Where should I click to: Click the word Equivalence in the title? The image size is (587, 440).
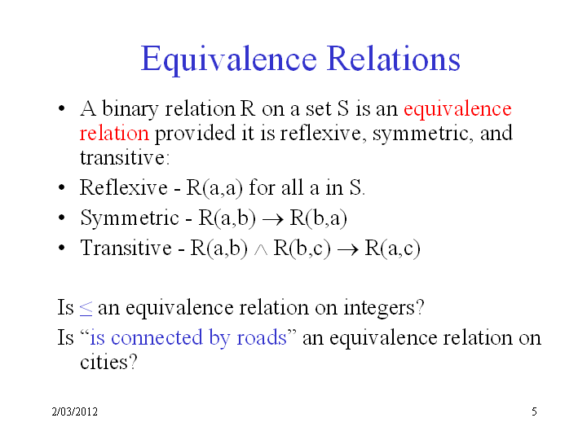click(x=229, y=59)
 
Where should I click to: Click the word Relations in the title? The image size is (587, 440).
click(x=394, y=59)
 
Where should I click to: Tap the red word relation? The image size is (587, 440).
click(x=114, y=133)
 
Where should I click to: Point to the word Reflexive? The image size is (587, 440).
click(x=124, y=187)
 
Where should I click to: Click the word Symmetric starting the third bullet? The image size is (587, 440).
click(x=130, y=218)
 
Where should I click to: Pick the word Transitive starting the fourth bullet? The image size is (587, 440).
click(x=126, y=248)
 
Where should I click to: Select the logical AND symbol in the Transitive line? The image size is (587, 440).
click(x=261, y=250)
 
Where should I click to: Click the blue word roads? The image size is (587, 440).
click(x=262, y=337)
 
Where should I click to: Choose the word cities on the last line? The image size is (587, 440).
click(x=108, y=362)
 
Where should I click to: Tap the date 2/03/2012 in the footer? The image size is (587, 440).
click(x=74, y=411)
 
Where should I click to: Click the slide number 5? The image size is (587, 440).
click(x=534, y=411)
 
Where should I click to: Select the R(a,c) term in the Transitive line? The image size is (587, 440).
click(x=392, y=248)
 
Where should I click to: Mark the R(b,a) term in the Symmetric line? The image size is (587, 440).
click(x=318, y=218)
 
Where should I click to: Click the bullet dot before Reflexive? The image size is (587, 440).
click(x=62, y=187)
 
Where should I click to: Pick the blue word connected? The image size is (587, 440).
click(x=157, y=337)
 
